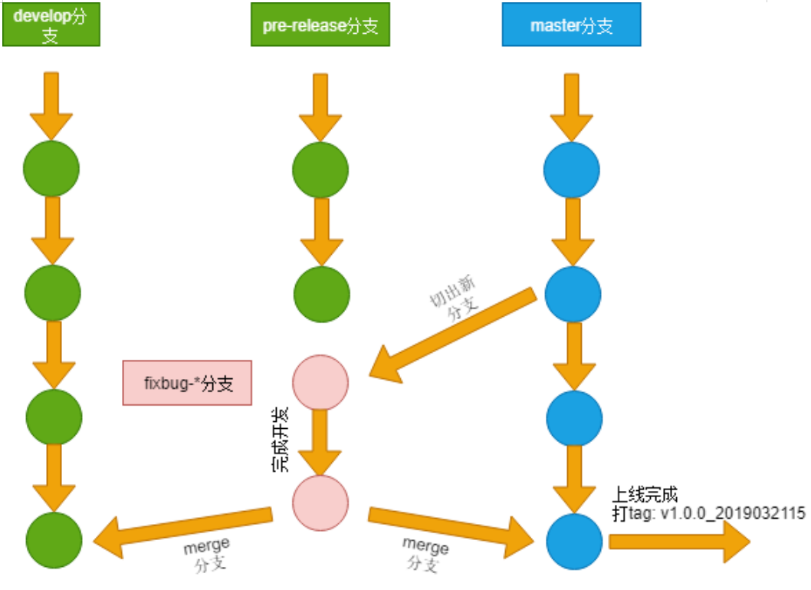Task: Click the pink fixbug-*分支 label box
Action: [x=188, y=383]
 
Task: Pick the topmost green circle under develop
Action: [x=51, y=169]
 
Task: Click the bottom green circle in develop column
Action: [x=53, y=540]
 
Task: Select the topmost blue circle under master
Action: [x=571, y=169]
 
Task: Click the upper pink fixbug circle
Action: [x=320, y=382]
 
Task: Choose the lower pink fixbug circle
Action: [x=320, y=503]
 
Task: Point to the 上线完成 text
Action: [x=645, y=494]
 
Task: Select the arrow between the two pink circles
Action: [x=320, y=443]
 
